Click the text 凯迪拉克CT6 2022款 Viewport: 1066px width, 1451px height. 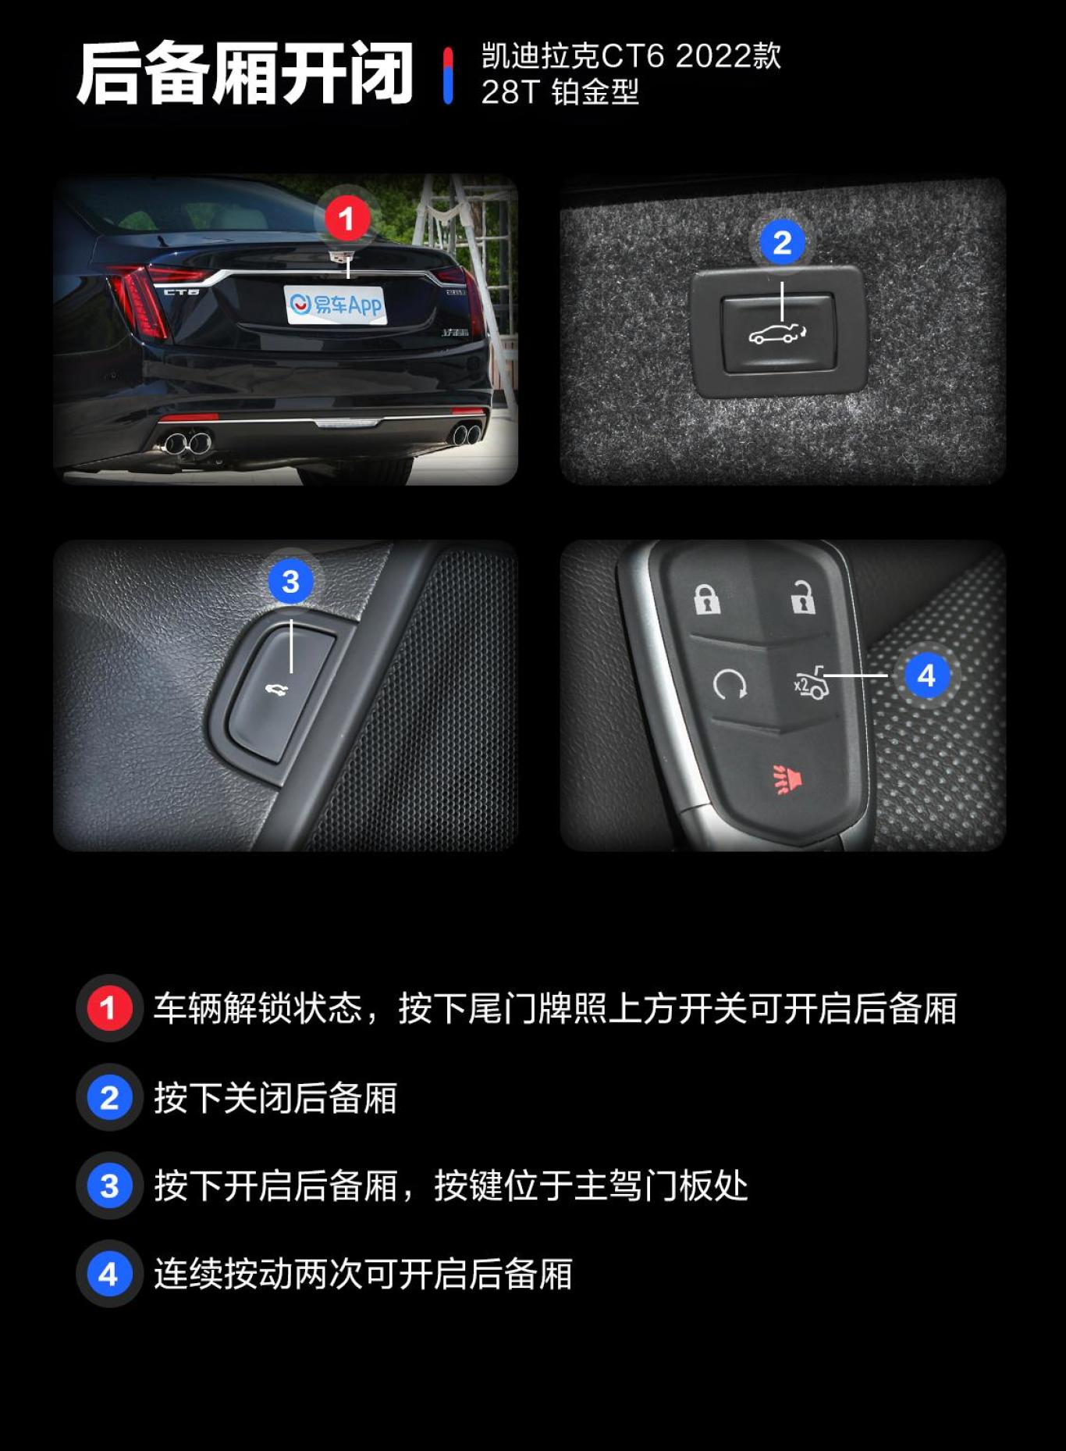pos(631,56)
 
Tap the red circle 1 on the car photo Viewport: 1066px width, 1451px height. pos(346,219)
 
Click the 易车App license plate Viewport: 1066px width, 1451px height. pos(336,304)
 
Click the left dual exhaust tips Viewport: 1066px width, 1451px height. pos(187,443)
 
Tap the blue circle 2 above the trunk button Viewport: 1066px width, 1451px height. pos(782,242)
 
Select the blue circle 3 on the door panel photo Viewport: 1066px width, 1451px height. pos(290,581)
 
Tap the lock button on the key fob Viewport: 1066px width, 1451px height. pos(707,599)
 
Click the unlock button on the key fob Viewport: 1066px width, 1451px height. pos(802,598)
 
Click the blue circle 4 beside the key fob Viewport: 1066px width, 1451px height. pos(926,675)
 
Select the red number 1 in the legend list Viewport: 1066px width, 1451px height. pos(109,1007)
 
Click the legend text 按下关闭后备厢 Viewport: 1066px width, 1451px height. pos(275,1097)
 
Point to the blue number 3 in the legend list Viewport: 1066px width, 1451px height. pos(109,1185)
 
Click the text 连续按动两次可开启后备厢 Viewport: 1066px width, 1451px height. pos(363,1274)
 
